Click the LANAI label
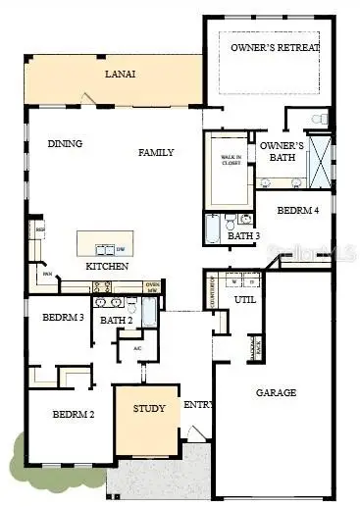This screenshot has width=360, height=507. click(x=122, y=74)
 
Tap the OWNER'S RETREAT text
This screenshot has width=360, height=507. click(x=275, y=47)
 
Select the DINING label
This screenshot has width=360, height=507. click(x=65, y=144)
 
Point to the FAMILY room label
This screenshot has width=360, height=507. click(x=155, y=152)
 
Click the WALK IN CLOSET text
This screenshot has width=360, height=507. click(x=231, y=161)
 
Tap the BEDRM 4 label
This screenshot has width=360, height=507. click(x=297, y=210)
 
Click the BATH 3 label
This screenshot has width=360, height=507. click(x=243, y=235)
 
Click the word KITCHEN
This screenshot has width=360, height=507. click(x=107, y=267)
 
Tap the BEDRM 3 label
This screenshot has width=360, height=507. click(x=62, y=318)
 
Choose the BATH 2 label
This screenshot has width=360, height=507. click(x=117, y=320)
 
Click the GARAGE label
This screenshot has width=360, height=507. click(x=277, y=392)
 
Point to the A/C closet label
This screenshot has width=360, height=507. click(x=137, y=348)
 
